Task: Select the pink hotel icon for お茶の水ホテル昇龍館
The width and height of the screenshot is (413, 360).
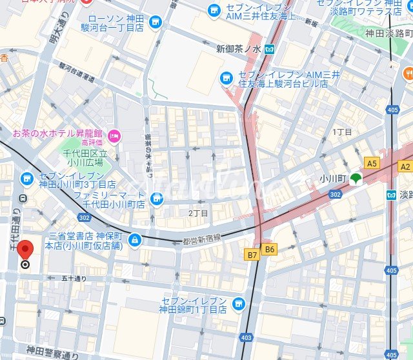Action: pos(114,135)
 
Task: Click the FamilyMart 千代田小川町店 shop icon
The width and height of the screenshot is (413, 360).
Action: pos(156,199)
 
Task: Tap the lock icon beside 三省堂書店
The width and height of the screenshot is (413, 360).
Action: pos(134,241)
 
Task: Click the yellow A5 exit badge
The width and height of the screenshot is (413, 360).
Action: pos(371,163)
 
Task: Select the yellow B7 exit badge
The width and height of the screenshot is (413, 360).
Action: pos(252,255)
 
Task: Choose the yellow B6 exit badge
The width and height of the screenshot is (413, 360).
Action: pos(270,249)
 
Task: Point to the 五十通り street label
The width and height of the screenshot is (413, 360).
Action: pos(74,279)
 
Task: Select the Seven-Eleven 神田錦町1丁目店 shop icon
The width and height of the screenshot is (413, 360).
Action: pos(238,303)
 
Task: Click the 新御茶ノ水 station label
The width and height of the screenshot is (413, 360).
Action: pos(238,49)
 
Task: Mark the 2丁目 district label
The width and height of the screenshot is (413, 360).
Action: pos(198,213)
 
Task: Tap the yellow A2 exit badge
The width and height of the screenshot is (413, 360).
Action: pos(405,166)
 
